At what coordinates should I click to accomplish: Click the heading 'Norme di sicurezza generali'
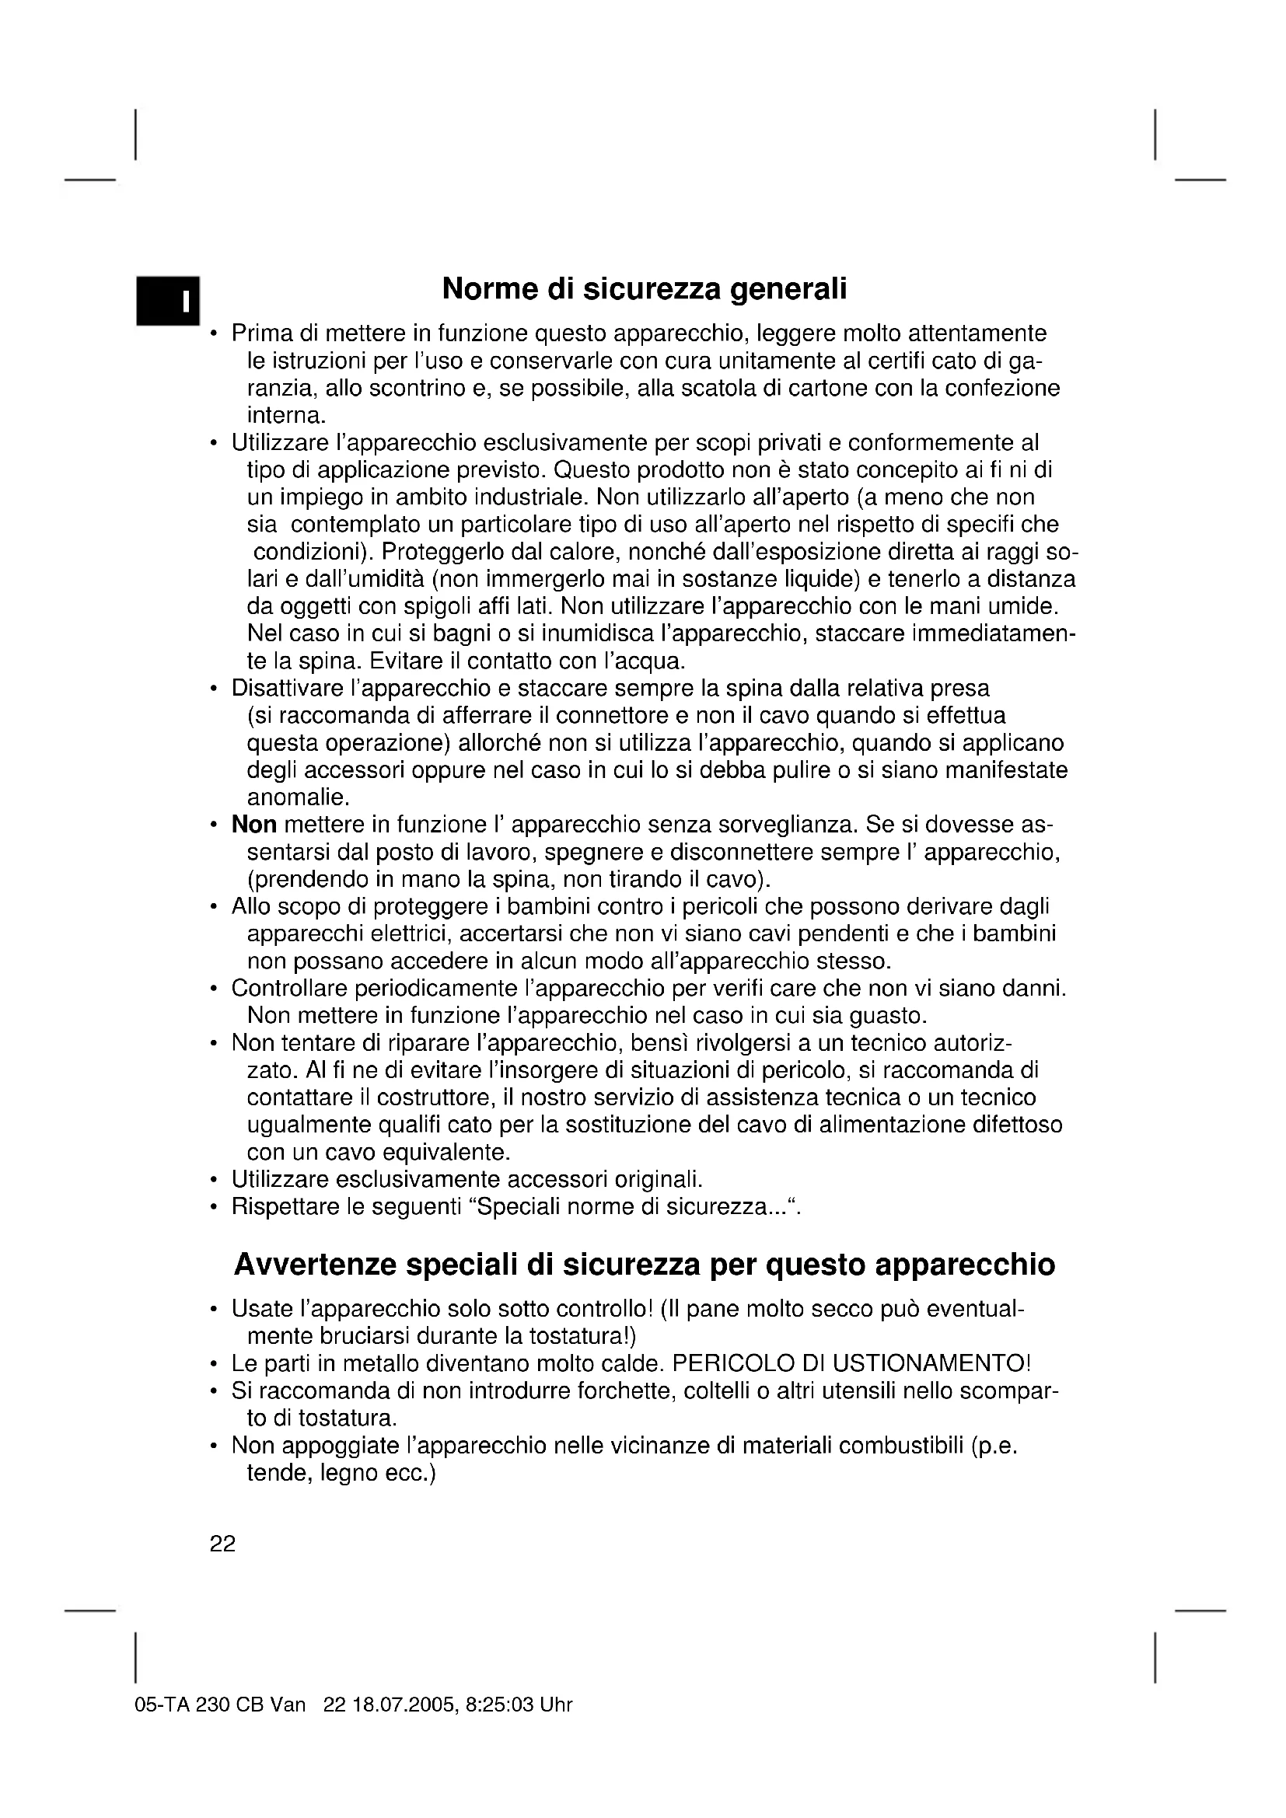[644, 289]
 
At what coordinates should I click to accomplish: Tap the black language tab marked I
[168, 301]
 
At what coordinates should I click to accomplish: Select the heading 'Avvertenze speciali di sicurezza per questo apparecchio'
[644, 1265]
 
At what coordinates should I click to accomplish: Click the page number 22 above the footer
[222, 1544]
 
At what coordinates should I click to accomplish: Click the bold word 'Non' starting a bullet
[253, 825]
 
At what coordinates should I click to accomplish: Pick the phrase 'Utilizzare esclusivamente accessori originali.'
[467, 1180]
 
